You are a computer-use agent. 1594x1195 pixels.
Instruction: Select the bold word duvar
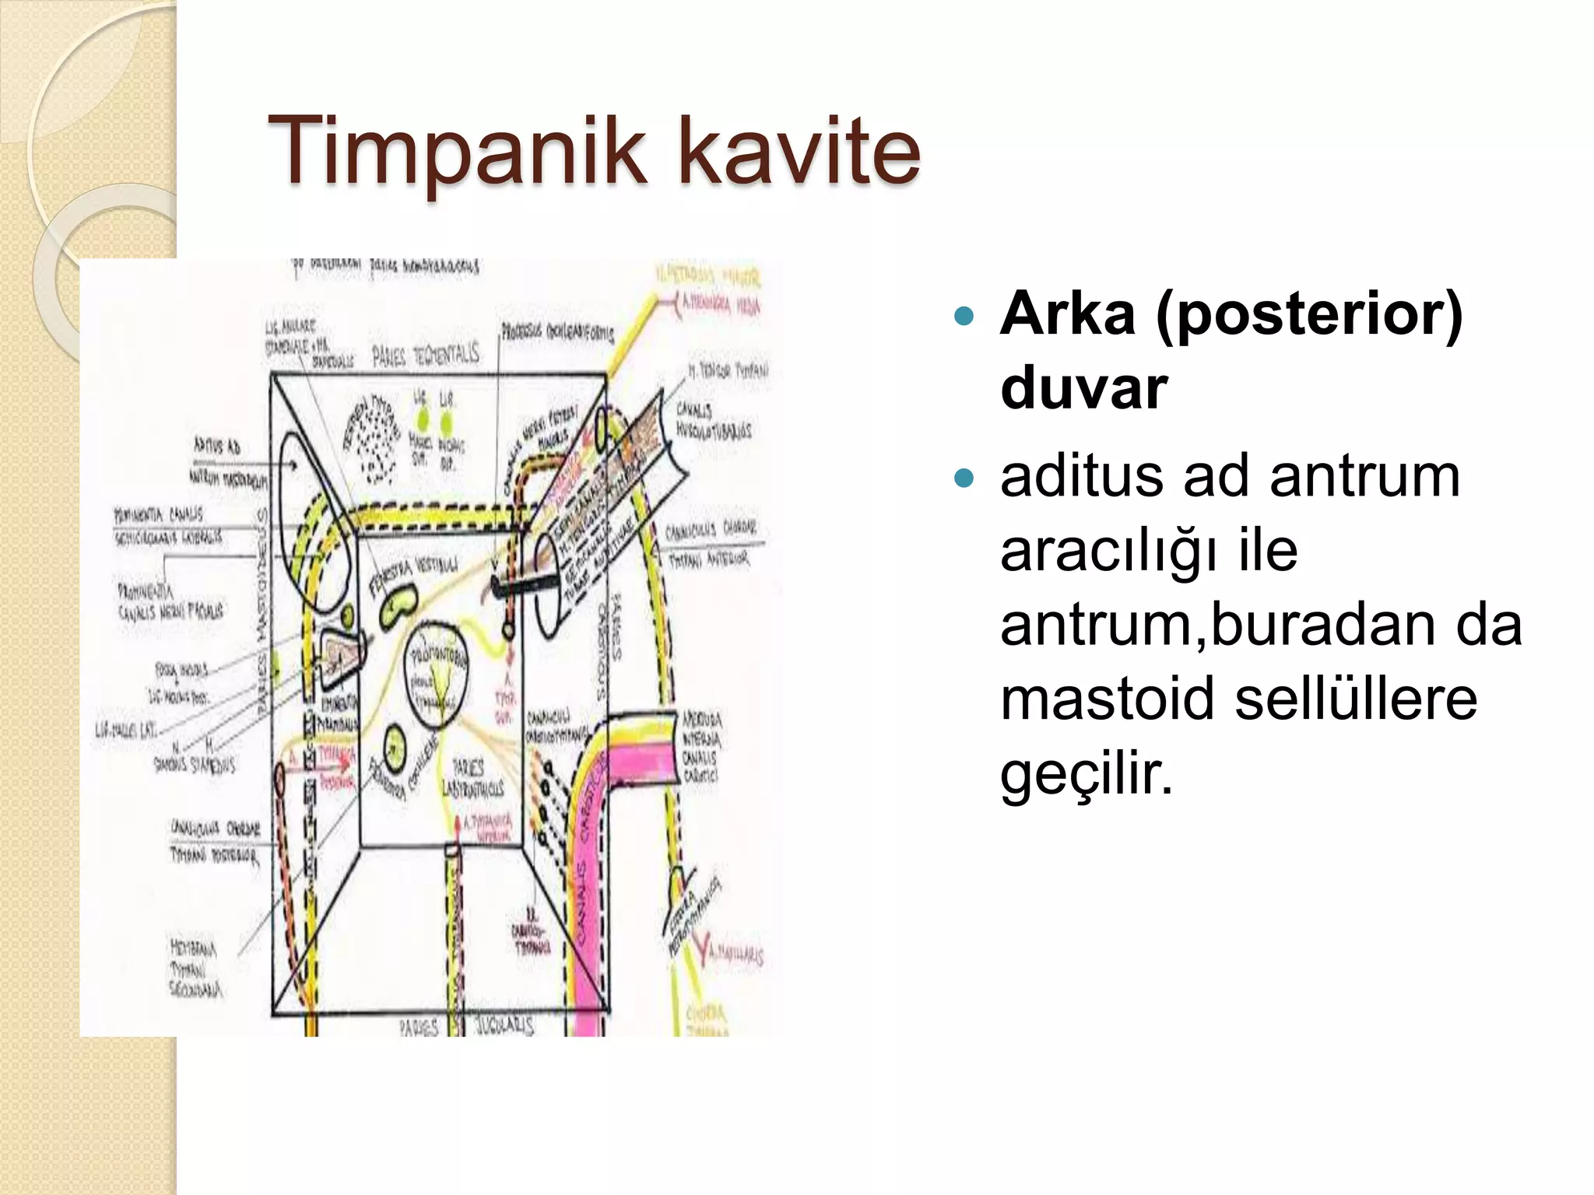(x=1083, y=388)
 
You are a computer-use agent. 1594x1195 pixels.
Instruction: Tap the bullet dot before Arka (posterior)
(x=964, y=316)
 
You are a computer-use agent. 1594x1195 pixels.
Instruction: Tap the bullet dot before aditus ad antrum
(x=964, y=477)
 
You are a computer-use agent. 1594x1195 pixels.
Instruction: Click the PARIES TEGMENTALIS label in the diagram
(x=425, y=356)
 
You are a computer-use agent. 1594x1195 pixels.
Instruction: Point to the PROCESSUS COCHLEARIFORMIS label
(x=556, y=333)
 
